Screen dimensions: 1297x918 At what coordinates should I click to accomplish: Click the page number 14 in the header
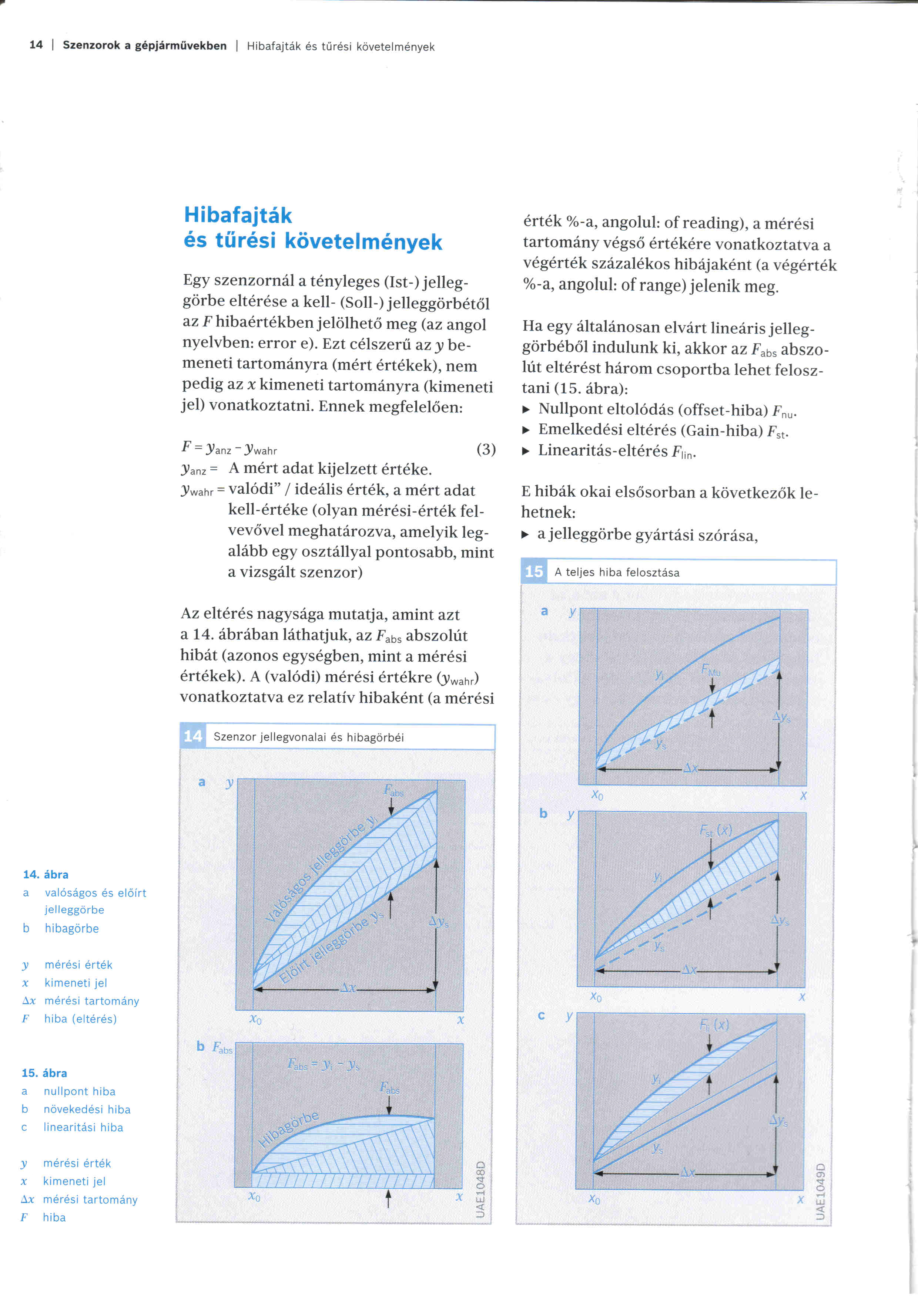[x=36, y=45]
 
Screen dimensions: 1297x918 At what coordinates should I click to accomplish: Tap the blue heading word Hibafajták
[x=238, y=215]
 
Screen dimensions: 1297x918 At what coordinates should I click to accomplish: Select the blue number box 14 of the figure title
[x=193, y=736]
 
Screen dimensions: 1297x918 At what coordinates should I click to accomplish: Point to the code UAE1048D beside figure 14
[x=480, y=1189]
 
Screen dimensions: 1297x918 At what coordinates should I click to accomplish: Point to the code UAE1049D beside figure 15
[x=821, y=1191]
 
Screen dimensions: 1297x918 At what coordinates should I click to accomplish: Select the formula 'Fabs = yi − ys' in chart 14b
[x=323, y=1065]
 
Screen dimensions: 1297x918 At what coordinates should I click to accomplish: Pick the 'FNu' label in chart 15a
[x=711, y=670]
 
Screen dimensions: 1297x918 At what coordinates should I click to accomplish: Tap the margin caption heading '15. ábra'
[x=44, y=1073]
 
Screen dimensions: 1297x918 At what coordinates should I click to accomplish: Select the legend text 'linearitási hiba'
[x=83, y=1127]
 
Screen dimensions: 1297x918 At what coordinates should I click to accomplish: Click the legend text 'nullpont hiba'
[x=79, y=1091]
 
